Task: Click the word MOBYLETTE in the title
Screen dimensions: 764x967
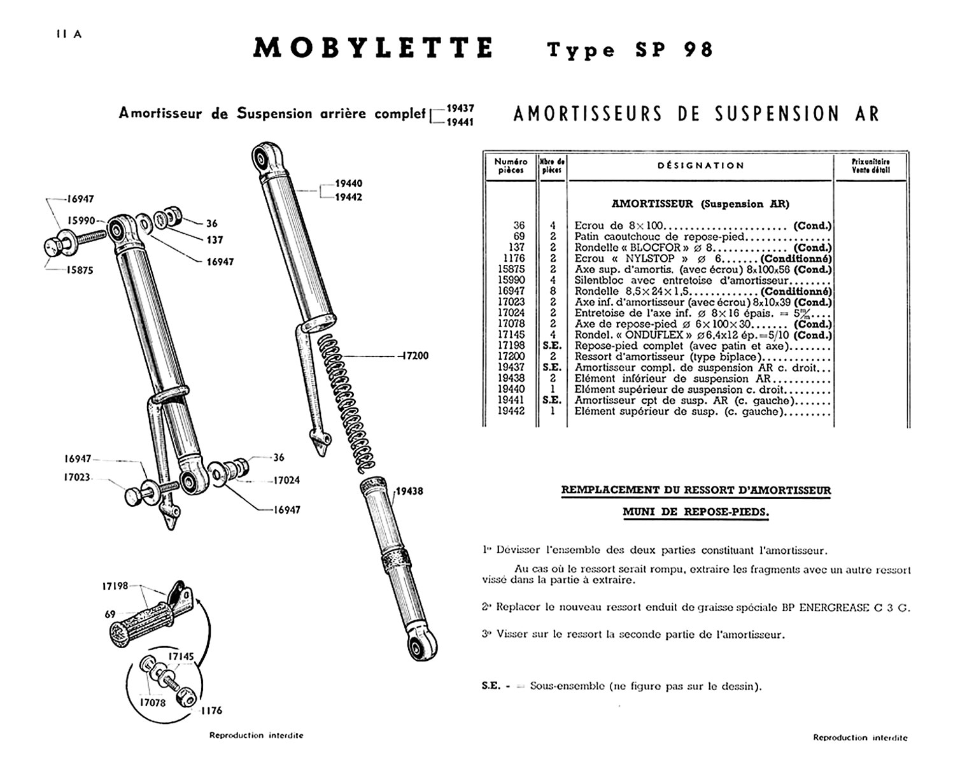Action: (x=372, y=49)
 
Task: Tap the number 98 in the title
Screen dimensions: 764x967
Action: (x=698, y=50)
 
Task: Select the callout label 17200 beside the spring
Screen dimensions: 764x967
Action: (x=414, y=356)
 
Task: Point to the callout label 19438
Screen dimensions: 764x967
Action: (x=409, y=492)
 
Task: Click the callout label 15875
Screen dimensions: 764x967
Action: (x=81, y=270)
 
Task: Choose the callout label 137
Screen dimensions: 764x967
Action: (x=215, y=240)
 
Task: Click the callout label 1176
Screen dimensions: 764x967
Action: (x=211, y=711)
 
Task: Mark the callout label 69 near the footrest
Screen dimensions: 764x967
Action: (x=110, y=614)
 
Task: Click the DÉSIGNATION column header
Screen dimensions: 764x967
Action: (x=700, y=166)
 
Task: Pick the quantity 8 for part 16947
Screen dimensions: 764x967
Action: (x=553, y=292)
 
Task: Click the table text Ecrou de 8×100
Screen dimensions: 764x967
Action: (x=618, y=226)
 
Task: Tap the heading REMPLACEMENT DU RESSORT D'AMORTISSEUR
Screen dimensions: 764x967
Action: (x=696, y=490)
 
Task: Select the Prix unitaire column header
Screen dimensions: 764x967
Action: (x=870, y=166)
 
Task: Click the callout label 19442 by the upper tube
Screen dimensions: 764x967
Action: (x=349, y=197)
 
